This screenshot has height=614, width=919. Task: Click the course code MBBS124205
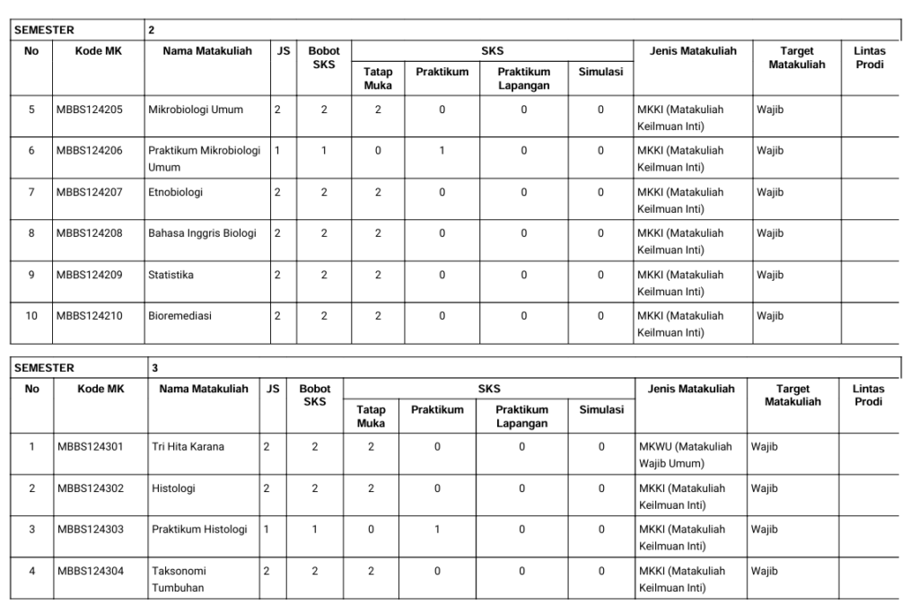89,110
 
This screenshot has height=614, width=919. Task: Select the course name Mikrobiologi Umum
194,110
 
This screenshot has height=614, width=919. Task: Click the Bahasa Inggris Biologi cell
202,233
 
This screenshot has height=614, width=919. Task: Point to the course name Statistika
171,275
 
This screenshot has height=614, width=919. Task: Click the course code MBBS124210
89,316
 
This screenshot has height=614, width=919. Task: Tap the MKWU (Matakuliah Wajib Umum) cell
687,453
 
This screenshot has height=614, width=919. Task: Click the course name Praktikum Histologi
198,529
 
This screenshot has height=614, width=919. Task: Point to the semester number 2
151,31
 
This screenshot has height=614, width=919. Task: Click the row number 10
31,316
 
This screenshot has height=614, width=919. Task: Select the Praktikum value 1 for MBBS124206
442,151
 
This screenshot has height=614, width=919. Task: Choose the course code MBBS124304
91,570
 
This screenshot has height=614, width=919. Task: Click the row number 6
31,151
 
